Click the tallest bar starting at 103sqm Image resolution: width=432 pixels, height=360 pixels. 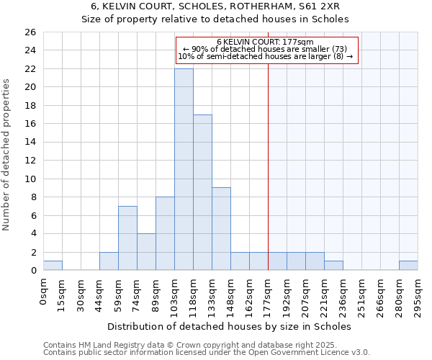click(184, 169)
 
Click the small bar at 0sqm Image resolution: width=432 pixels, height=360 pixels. click(53, 266)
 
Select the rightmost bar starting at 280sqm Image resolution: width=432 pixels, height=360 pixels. click(408, 266)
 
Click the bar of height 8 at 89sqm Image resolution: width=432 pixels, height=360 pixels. click(165, 233)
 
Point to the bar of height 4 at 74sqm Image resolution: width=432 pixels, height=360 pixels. click(146, 252)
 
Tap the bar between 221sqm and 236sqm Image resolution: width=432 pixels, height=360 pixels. click(333, 266)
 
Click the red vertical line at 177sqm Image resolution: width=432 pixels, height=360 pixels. click(268, 166)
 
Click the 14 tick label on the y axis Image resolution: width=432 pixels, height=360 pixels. click(30, 143)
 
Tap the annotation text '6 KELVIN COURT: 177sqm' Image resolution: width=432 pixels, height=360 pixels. click(265, 42)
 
